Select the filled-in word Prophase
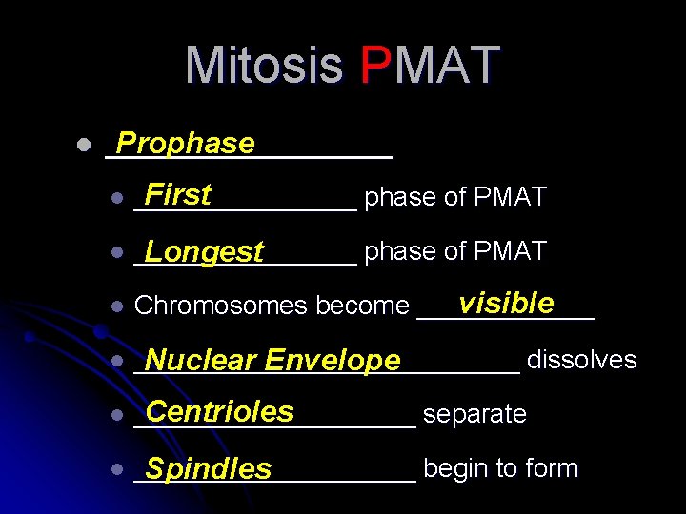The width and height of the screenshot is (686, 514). [185, 144]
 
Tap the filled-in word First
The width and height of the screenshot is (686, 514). [178, 195]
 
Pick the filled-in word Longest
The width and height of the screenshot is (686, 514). [204, 252]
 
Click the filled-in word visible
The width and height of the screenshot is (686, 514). [505, 304]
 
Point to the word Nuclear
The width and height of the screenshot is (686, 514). [201, 361]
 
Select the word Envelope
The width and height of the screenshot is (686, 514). [333, 361]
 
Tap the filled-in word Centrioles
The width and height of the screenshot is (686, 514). [219, 411]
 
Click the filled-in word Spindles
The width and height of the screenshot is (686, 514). [208, 469]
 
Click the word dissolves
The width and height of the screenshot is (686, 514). [581, 360]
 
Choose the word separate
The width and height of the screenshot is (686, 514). [474, 415]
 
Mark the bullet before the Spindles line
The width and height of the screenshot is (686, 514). [115, 469]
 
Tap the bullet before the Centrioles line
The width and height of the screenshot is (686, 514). [115, 415]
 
